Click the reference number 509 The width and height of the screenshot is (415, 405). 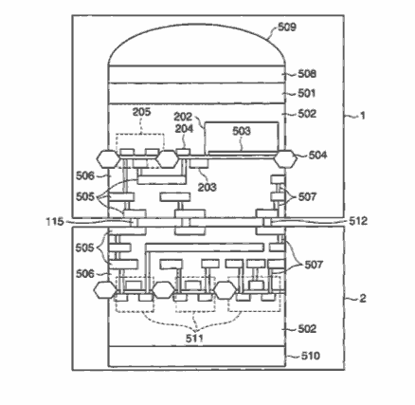coord(287,27)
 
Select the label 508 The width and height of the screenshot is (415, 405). coord(307,74)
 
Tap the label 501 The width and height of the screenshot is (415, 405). coord(307,93)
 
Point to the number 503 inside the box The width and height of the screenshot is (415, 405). coord(242,131)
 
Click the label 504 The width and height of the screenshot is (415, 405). coord(317,155)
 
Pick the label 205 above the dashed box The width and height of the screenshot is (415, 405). coord(141,112)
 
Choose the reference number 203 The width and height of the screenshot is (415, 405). coord(207,187)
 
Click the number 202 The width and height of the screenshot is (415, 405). coord(183,117)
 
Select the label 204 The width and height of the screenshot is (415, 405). coord(184,128)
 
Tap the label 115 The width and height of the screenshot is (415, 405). coord(55,222)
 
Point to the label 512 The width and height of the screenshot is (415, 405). coord(358,221)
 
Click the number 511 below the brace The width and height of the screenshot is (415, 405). coord(194,339)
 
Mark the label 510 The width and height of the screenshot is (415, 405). coord(310,356)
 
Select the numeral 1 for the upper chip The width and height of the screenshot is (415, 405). coord(363,116)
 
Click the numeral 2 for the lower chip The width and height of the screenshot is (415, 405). coord(363,298)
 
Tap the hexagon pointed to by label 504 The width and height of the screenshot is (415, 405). coord(285,159)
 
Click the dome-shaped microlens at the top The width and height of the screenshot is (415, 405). coord(197,45)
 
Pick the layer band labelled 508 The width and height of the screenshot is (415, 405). coord(197,75)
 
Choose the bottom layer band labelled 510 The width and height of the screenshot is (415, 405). coord(197,357)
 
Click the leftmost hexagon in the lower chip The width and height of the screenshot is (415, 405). coord(106,290)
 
